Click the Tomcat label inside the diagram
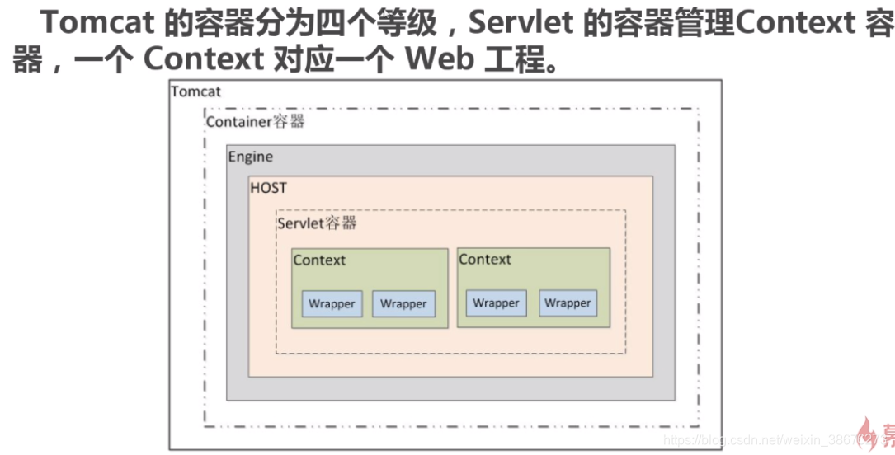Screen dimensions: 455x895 tap(196, 91)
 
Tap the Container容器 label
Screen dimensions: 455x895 tap(255, 122)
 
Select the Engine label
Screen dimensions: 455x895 tap(250, 157)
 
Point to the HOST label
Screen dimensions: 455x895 tap(268, 188)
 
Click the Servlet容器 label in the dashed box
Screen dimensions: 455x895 tap(317, 223)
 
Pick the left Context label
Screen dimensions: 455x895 tap(319, 260)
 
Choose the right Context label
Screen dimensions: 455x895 tap(485, 260)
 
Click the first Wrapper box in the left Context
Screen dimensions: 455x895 tap(332, 304)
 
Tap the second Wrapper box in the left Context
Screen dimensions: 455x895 tap(403, 304)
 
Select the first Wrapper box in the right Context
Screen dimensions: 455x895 tap(496, 303)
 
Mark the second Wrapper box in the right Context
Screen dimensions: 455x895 tap(568, 303)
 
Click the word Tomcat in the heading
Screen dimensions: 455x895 tap(97, 23)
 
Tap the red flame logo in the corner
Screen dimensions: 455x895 tap(871, 434)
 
